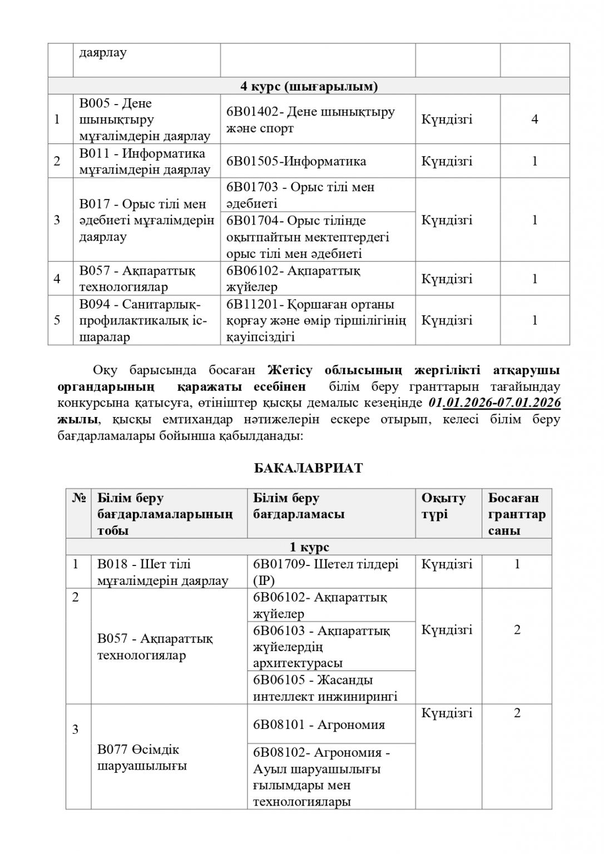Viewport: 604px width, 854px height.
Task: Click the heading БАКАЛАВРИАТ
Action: [x=308, y=468]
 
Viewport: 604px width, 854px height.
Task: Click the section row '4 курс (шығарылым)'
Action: [x=309, y=86]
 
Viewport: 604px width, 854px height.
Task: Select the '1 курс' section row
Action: [x=309, y=547]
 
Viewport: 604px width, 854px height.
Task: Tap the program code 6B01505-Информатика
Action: [x=296, y=161]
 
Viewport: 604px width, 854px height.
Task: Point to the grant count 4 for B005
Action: [x=534, y=120]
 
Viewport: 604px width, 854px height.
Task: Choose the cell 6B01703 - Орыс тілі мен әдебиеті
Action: [x=300, y=195]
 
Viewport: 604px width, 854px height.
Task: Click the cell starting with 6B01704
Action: [x=308, y=237]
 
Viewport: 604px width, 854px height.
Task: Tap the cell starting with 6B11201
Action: [x=316, y=321]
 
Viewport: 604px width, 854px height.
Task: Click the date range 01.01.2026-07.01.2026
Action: [x=494, y=403]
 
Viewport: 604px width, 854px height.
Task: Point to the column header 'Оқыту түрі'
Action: [x=443, y=506]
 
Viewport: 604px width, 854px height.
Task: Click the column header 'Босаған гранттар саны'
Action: [x=517, y=514]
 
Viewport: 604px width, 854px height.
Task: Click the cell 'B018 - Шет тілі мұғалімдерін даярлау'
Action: [x=162, y=572]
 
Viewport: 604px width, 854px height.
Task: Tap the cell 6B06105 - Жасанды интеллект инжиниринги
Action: [x=325, y=688]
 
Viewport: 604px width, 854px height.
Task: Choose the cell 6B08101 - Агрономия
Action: [x=319, y=724]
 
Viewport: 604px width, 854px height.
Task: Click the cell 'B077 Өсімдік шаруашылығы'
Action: [x=142, y=758]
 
